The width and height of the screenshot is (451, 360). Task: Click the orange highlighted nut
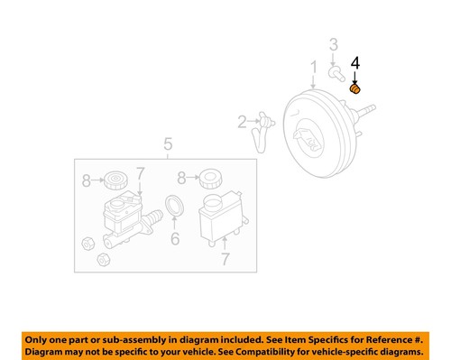pyautogui.click(x=354, y=88)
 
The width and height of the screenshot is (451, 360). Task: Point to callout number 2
pyautogui.click(x=242, y=122)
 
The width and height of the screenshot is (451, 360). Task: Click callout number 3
pyautogui.click(x=333, y=45)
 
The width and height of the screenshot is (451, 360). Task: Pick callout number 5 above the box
pyautogui.click(x=166, y=143)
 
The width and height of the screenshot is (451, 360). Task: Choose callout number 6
pyautogui.click(x=175, y=238)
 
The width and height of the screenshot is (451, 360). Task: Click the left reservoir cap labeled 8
pyautogui.click(x=115, y=180)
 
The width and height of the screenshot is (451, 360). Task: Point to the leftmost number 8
pyautogui.click(x=87, y=180)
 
